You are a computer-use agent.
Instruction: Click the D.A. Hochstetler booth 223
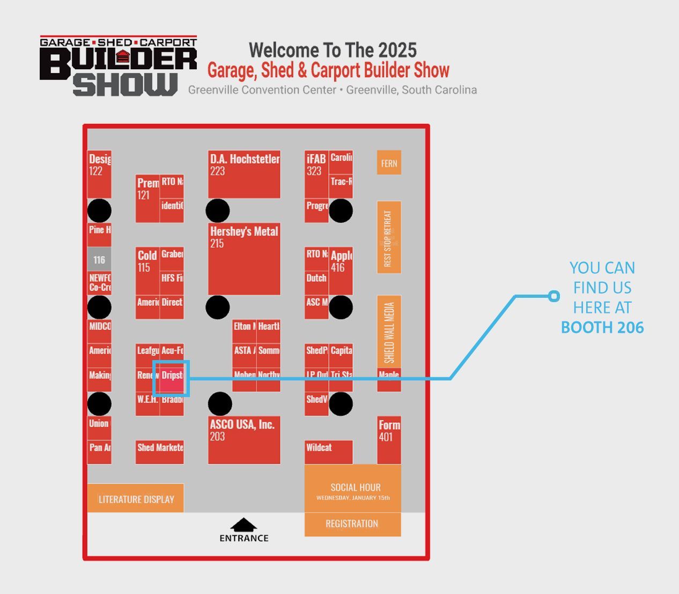point(244,174)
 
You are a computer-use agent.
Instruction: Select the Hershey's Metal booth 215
point(244,259)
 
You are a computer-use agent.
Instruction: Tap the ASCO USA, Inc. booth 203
point(244,439)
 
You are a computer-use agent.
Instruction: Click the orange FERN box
point(389,163)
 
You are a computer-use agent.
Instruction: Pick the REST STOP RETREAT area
point(389,237)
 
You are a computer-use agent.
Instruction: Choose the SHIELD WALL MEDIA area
point(389,331)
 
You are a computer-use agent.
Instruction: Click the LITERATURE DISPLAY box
point(136,498)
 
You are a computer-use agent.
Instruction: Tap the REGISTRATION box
point(352,524)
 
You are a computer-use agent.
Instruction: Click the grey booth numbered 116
point(99,260)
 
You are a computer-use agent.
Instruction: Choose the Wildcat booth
point(328,452)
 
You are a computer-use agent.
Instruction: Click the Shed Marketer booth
point(160,452)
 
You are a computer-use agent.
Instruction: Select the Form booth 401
point(389,439)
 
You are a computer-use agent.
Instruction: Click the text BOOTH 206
point(602,327)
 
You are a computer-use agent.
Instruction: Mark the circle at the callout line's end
point(554,296)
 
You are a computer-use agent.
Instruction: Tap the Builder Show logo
point(119,65)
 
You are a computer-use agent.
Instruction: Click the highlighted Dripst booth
point(172,379)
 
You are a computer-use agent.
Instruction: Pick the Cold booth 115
point(147,271)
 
